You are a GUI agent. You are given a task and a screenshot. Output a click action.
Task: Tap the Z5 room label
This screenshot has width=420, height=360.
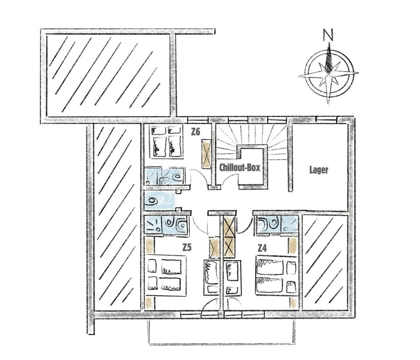[x=187, y=248]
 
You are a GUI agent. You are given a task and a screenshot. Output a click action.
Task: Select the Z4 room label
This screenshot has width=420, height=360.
[x=262, y=248]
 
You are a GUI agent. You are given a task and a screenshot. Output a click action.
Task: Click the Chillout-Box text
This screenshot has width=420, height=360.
[x=240, y=168]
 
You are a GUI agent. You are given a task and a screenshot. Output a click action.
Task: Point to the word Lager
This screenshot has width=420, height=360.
[x=319, y=170]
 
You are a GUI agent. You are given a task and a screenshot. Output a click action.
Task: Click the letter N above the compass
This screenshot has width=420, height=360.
[x=328, y=35]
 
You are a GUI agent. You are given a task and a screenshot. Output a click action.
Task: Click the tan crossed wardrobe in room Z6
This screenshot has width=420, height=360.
[x=206, y=154]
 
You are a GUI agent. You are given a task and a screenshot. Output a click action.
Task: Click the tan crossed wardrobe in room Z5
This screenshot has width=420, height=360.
[x=214, y=247]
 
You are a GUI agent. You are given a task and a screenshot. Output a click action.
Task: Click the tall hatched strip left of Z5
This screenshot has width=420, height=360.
[x=117, y=217]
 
